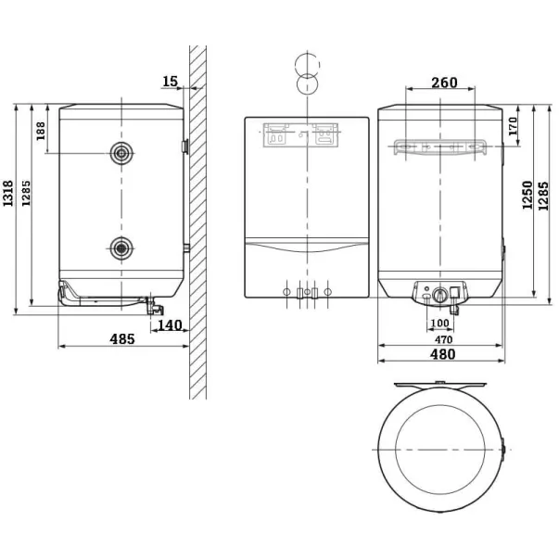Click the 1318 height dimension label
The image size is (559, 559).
click(x=7, y=193)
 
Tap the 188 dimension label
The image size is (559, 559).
click(x=41, y=131)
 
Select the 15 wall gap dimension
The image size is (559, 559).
click(x=170, y=82)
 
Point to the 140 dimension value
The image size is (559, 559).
click(x=170, y=325)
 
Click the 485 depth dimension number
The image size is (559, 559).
click(x=122, y=338)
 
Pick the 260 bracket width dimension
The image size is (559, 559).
click(x=444, y=83)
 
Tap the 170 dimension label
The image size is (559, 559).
click(x=513, y=126)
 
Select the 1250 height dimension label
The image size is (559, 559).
click(x=527, y=195)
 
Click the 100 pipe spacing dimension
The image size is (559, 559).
click(x=440, y=323)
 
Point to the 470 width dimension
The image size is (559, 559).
click(x=443, y=339)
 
